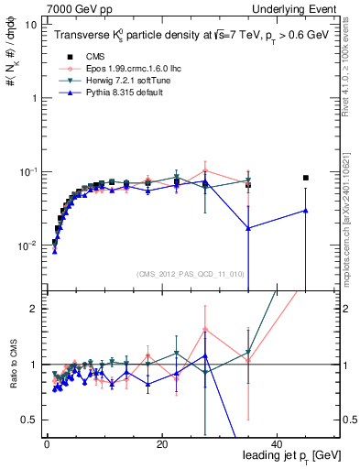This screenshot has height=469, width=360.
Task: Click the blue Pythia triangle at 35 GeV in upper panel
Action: (x=248, y=229)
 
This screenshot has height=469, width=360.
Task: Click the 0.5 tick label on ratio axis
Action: (x=28, y=420)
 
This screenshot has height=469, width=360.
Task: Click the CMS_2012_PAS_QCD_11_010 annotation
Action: (x=177, y=273)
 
